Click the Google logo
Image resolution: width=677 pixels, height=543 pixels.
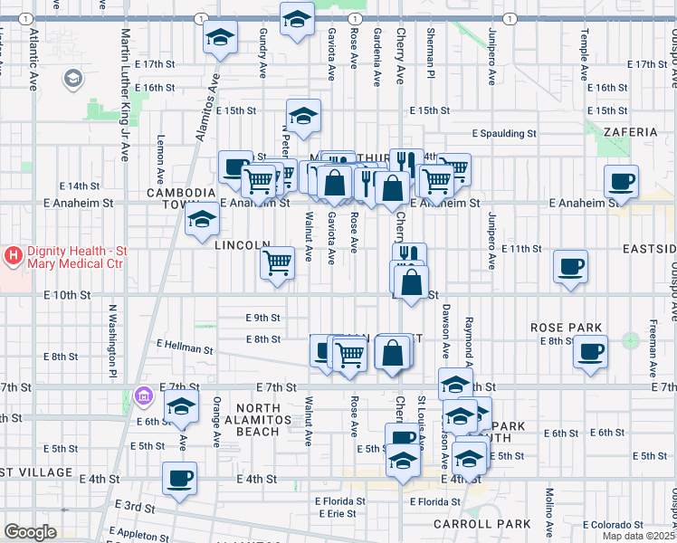tap(31, 531)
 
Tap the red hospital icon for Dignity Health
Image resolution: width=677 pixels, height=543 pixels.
tap(13, 256)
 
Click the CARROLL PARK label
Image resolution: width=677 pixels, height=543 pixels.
tap(495, 524)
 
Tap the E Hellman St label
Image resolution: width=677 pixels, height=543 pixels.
tap(185, 346)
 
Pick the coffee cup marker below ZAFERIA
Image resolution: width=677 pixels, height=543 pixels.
tap(622, 182)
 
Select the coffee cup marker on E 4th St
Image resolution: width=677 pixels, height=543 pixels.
tap(178, 479)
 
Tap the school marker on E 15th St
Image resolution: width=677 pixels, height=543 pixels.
tap(303, 116)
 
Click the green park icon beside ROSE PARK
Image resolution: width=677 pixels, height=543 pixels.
tap(630, 342)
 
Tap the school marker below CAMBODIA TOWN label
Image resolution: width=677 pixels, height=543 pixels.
tap(202, 221)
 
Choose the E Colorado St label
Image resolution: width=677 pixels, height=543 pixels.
tap(612, 525)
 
